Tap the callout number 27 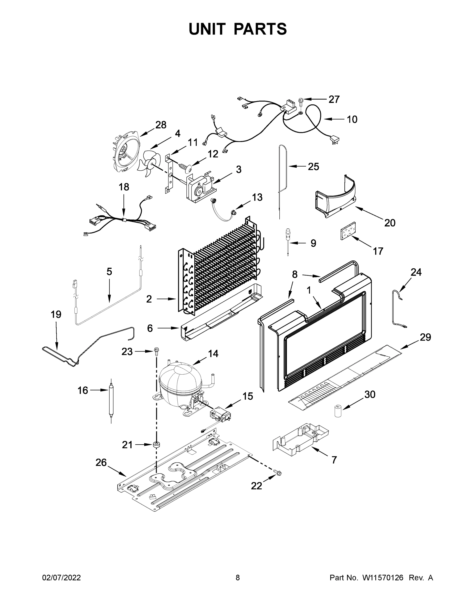point(334,100)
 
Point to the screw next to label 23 point(156,352)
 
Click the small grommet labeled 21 point(156,445)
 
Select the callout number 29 point(425,337)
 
